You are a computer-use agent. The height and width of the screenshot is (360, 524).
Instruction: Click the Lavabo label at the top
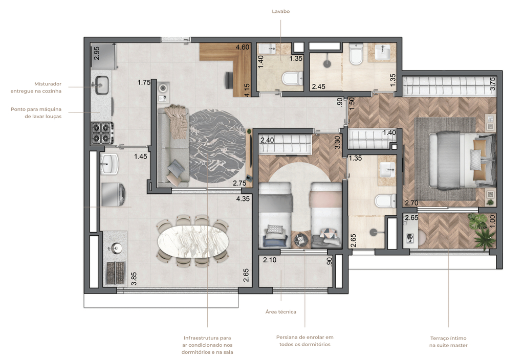(280, 11)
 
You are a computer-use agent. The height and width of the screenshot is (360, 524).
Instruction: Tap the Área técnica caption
(280, 311)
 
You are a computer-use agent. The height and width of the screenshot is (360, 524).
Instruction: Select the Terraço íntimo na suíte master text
(448, 342)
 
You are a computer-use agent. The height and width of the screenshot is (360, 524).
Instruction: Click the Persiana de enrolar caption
(304, 341)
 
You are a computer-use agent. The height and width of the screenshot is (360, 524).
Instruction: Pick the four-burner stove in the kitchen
(101, 132)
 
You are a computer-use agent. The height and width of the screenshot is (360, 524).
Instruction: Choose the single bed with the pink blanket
(325, 215)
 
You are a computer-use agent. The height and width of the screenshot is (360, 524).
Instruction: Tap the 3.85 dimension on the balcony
(134, 278)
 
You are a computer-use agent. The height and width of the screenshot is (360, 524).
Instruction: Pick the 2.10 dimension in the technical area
(269, 260)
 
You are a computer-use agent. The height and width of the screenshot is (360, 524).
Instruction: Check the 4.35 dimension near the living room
(242, 198)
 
